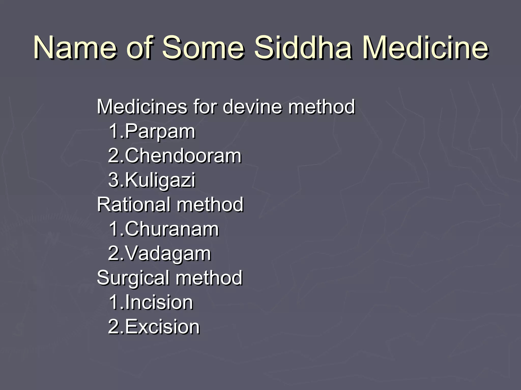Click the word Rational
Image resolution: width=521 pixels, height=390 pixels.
point(134,204)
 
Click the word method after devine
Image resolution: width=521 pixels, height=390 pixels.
point(321,107)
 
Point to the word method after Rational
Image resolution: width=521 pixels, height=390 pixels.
point(210,204)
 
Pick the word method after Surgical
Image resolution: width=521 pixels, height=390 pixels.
point(209,278)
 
